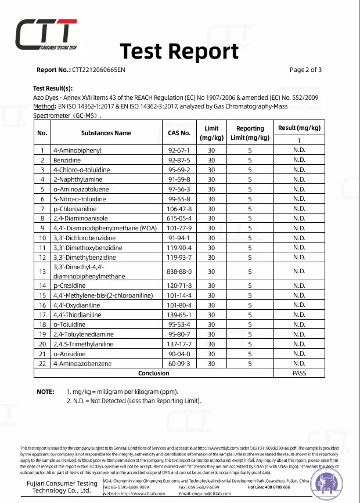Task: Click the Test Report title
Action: point(179,51)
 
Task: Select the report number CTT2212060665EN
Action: point(99,70)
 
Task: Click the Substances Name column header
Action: point(106,133)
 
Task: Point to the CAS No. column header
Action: point(179,133)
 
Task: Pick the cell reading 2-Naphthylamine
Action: point(74,179)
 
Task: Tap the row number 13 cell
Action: point(42,271)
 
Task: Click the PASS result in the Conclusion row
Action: point(299,373)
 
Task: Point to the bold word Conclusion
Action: point(154,373)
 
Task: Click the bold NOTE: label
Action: point(45,392)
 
